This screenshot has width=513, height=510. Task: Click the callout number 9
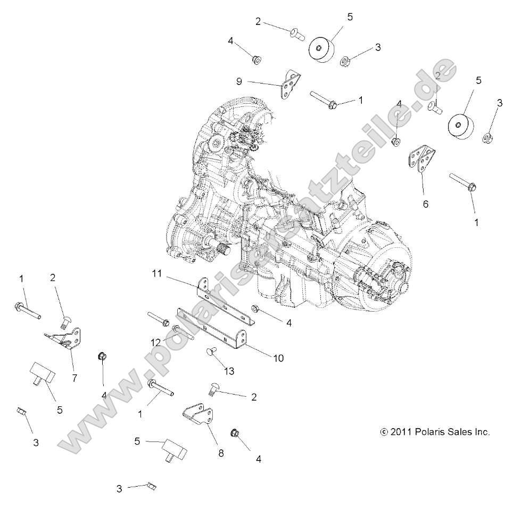tap(239, 81)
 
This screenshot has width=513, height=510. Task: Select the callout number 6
tap(426, 204)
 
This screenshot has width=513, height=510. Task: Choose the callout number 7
tap(74, 378)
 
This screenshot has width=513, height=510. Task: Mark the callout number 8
tap(220, 453)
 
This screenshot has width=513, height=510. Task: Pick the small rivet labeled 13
tap(211, 352)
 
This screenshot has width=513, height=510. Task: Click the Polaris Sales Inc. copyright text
tap(435, 432)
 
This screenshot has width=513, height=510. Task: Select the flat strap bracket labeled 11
tap(226, 302)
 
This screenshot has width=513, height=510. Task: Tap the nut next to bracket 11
tap(255, 308)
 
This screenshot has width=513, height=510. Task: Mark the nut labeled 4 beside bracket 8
tap(234, 434)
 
